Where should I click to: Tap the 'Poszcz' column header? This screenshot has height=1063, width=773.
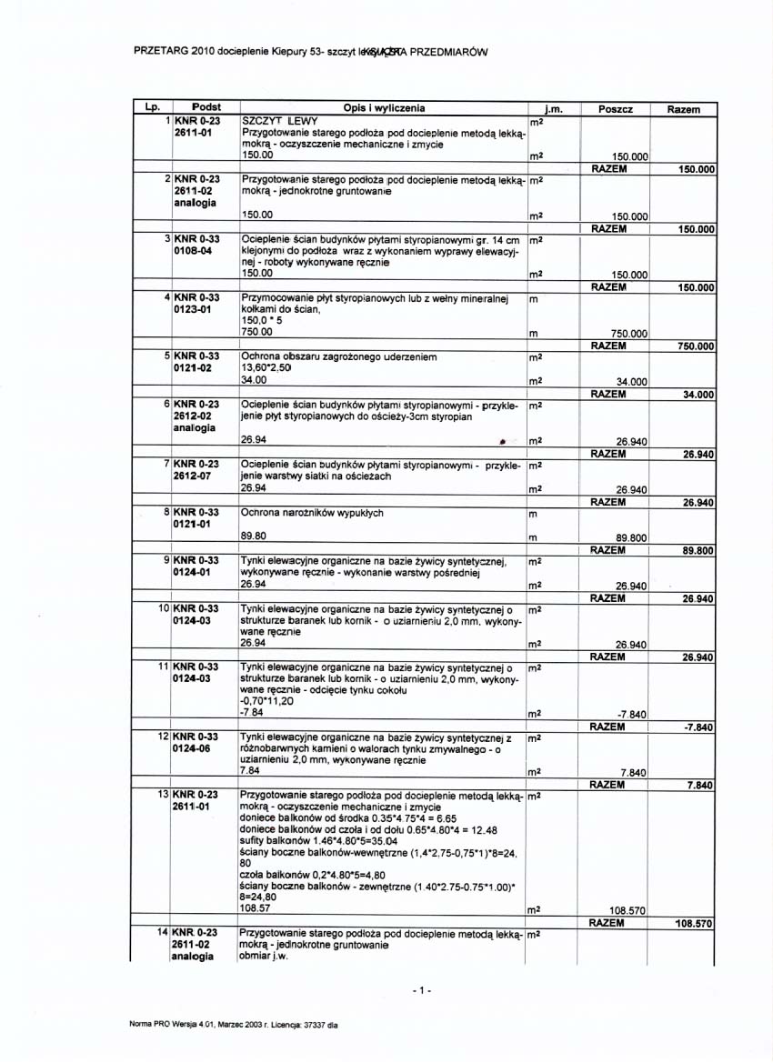click(616, 108)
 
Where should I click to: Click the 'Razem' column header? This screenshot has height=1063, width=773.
click(683, 108)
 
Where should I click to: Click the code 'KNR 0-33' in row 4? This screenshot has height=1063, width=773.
click(196, 297)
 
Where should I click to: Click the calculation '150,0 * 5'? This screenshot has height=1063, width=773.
click(262, 320)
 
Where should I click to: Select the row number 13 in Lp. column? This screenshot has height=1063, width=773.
click(165, 794)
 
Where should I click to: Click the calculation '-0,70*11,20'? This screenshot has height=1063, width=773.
click(269, 702)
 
